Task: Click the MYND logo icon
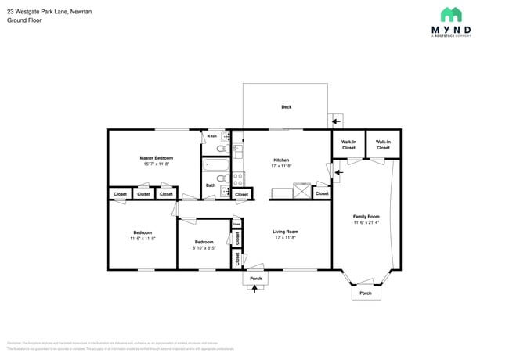coord(450,15)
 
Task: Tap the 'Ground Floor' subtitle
coord(24,21)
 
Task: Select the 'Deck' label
coord(286,107)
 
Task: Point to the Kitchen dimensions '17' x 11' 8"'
coord(280,165)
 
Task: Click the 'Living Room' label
coord(285,232)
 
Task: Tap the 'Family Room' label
coord(366,216)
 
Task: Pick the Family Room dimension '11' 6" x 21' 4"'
coord(366,223)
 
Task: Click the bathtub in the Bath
coord(215,165)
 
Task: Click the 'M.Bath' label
coord(211,136)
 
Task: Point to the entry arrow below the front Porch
coord(254,288)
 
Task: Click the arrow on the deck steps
coord(337,121)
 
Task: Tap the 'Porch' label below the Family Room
coord(365,293)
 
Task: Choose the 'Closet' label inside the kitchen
coord(322,193)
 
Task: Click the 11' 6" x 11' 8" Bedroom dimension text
coord(143,238)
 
